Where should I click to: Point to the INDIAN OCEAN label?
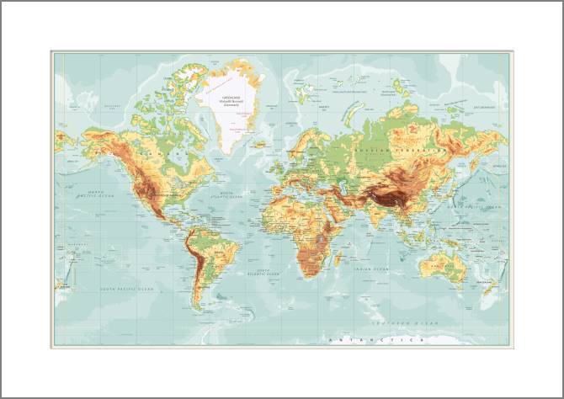(x=371, y=269)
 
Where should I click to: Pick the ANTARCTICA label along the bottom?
(x=375, y=339)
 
